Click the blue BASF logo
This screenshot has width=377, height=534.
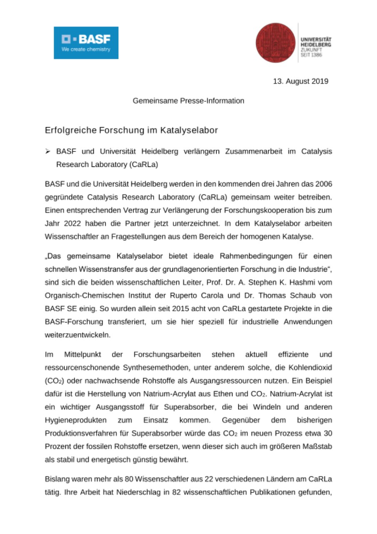point(86,43)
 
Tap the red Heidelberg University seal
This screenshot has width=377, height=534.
point(275,43)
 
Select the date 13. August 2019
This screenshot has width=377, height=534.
point(300,81)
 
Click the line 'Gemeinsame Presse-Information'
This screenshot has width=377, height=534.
point(188,101)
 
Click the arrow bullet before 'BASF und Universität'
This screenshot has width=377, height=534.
point(48,151)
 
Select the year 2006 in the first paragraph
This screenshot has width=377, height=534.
point(323,184)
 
